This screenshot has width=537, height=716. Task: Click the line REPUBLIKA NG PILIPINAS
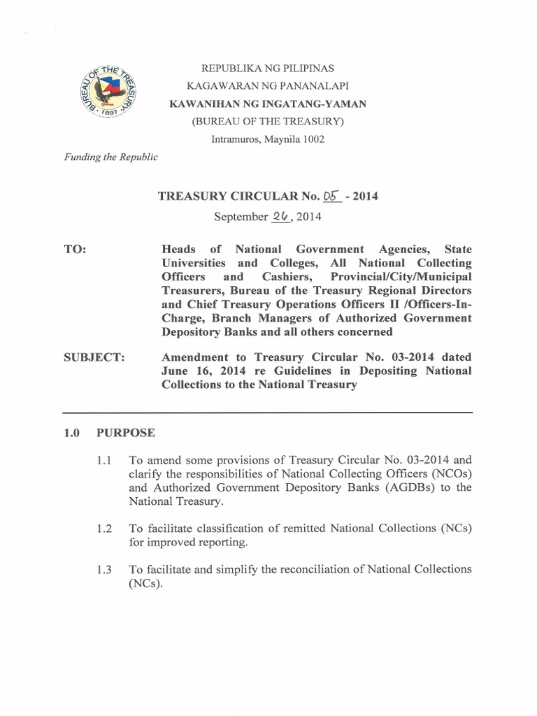pos(268,69)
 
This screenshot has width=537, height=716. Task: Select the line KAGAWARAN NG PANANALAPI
pos(268,86)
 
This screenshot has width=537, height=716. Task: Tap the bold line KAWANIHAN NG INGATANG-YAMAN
pos(268,104)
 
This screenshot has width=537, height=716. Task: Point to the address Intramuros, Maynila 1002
pos(268,139)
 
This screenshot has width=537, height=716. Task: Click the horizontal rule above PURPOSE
pos(268,413)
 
